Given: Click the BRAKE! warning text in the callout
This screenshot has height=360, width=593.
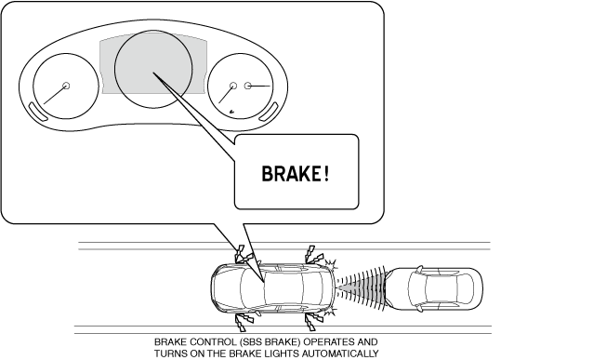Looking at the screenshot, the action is pyautogui.click(x=296, y=174).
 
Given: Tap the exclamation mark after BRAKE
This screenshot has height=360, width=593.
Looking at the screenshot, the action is pyautogui.click(x=327, y=174).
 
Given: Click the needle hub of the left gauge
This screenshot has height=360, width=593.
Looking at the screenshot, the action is pyautogui.click(x=66, y=86).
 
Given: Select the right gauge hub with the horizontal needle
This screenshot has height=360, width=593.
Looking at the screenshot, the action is pyautogui.click(x=248, y=86).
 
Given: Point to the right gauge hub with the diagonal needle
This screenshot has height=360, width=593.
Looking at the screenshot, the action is pyautogui.click(x=233, y=86).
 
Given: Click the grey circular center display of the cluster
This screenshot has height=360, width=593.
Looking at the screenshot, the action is pyautogui.click(x=153, y=69).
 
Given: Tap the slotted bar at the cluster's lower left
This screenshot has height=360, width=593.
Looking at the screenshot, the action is pyautogui.click(x=37, y=112).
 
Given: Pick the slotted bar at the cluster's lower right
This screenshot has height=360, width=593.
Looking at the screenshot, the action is pyautogui.click(x=269, y=112).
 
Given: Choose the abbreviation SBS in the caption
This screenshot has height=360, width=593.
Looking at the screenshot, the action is pyautogui.click(x=251, y=342).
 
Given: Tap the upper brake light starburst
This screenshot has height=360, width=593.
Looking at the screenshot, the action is pyautogui.click(x=331, y=264).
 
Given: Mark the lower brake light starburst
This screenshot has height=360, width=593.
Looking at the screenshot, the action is pyautogui.click(x=331, y=313).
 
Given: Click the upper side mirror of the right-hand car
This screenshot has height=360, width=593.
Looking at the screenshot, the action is pyautogui.click(x=419, y=269).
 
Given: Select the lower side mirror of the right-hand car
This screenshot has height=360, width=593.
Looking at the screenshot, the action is pyautogui.click(x=419, y=308).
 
